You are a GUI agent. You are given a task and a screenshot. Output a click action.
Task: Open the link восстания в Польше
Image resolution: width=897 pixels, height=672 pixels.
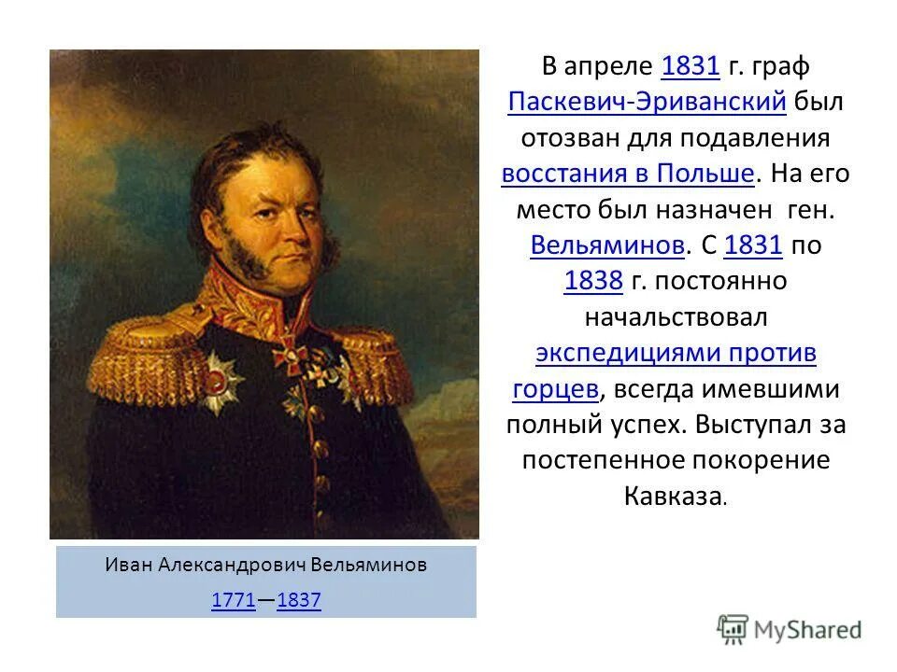point(627,174)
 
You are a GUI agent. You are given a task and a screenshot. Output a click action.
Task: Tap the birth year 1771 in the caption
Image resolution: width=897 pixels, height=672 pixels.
point(234,601)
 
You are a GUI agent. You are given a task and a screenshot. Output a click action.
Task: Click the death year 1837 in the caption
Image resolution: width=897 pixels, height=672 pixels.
point(299,601)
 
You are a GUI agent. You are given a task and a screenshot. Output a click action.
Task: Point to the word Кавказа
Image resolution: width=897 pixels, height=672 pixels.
point(672,495)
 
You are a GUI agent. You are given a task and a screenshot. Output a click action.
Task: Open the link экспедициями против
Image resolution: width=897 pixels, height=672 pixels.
point(676,353)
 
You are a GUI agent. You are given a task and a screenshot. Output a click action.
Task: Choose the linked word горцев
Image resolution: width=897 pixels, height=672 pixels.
point(555,388)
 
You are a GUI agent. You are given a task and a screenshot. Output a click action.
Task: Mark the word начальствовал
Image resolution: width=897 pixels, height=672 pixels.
point(676,317)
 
